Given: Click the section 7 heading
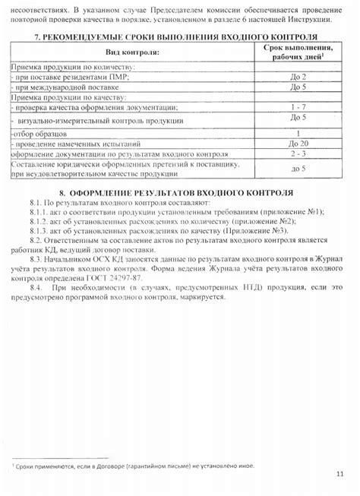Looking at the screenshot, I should [175, 37].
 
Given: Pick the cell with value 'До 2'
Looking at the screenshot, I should [298, 77].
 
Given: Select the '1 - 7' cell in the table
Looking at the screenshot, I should [298, 107].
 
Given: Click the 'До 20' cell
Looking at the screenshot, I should [298, 143].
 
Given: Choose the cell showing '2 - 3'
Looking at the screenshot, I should [298, 153].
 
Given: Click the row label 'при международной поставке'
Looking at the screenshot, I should [54, 87].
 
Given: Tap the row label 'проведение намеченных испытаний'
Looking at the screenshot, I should [73, 143].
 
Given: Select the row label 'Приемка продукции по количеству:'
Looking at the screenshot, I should [65, 67].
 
